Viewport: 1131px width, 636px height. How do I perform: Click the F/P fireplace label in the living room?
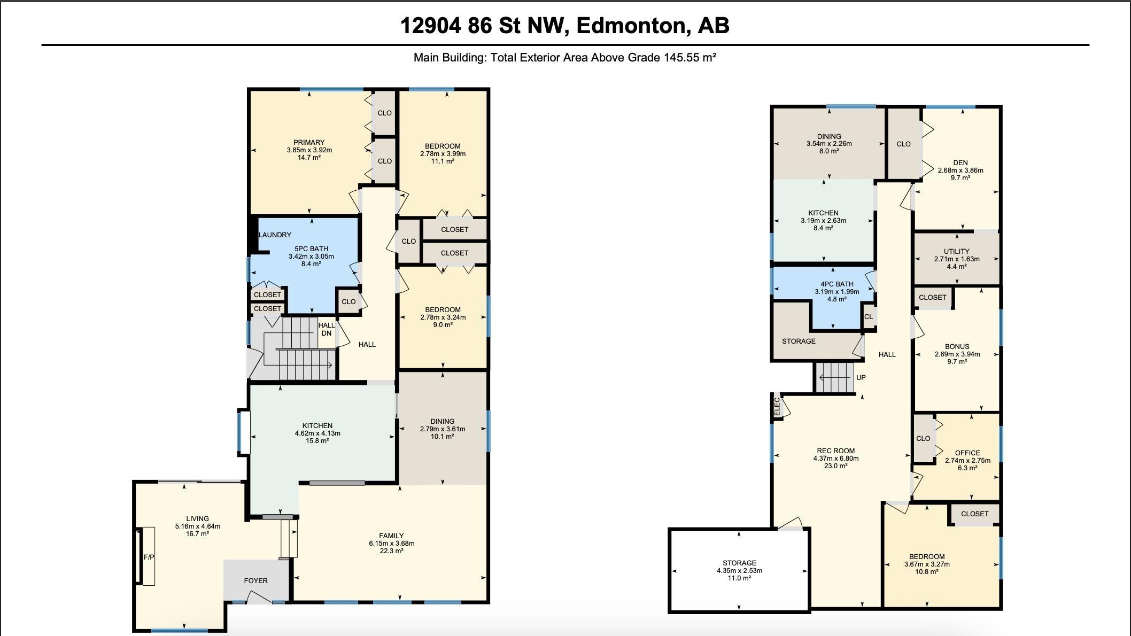pos(149,557)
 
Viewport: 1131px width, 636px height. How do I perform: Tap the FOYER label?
pos(256,580)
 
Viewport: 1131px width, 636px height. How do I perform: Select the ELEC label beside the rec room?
pos(778,407)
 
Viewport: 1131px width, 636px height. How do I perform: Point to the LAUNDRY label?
pos(275,235)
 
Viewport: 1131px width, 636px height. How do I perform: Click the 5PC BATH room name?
pos(311,249)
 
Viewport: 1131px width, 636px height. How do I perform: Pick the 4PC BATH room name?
pos(837,284)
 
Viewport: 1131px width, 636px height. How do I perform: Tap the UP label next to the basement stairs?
pos(861,377)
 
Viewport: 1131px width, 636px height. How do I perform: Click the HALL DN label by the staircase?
pos(327,329)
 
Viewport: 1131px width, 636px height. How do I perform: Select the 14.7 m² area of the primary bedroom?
pos(309,158)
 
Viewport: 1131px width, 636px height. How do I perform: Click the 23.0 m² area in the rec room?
pos(835,466)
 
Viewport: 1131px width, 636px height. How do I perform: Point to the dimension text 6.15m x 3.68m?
pos(391,544)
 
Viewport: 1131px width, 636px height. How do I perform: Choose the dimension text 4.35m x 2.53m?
pos(740,571)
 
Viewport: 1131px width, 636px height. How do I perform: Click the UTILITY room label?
pos(957,251)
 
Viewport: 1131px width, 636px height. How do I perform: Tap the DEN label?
pos(960,163)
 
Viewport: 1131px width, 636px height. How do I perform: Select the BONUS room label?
pos(957,346)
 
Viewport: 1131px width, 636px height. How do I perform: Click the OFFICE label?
pos(967,453)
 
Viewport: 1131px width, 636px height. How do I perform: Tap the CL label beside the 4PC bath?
pos(869,317)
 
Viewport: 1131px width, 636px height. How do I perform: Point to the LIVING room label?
pos(197,518)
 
